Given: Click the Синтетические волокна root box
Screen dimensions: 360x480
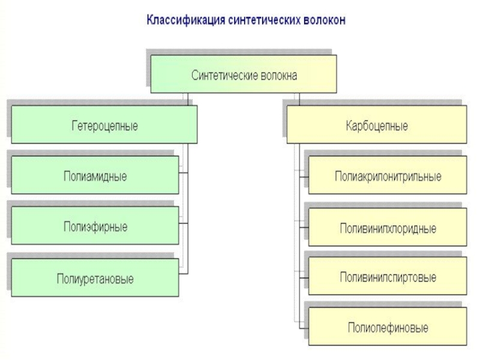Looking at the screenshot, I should [x=244, y=74].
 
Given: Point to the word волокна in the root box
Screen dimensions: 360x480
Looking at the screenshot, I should [x=278, y=76].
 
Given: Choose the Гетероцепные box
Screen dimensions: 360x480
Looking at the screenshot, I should [x=104, y=125].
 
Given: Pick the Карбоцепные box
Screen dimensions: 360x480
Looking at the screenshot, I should [x=377, y=125].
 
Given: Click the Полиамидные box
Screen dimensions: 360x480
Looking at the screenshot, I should [x=95, y=175].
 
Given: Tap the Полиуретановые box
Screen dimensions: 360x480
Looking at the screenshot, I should [x=95, y=278].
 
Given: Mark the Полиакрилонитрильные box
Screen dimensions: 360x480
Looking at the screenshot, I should [x=388, y=175].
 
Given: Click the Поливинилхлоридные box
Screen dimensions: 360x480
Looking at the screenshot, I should [x=388, y=227].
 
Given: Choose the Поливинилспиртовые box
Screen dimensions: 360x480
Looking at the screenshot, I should [x=388, y=277].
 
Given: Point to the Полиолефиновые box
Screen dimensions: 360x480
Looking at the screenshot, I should [x=388, y=327].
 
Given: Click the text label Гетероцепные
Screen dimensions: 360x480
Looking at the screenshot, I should [x=104, y=127].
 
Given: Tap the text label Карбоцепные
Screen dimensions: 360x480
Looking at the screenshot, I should [x=377, y=127].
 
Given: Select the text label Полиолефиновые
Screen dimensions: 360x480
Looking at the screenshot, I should [x=388, y=328].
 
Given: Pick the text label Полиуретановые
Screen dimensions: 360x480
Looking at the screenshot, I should [x=95, y=280].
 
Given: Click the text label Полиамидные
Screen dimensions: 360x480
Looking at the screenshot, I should [x=95, y=177].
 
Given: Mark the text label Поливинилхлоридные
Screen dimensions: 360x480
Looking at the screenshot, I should [x=388, y=229].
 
